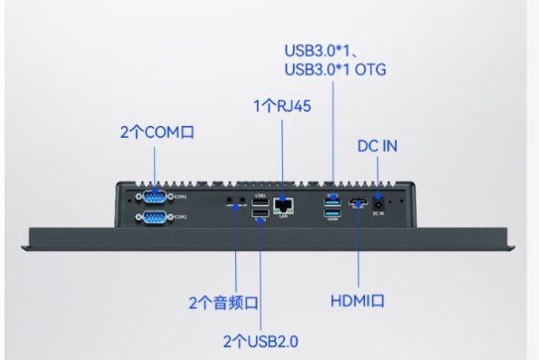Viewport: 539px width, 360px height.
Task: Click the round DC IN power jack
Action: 377,202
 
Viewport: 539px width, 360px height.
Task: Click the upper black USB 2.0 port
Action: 260,202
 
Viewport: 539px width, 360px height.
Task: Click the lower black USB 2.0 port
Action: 260,214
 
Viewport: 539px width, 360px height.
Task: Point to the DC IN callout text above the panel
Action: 377,146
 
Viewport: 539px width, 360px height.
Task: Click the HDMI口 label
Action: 359,301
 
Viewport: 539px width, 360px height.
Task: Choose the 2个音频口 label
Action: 223,302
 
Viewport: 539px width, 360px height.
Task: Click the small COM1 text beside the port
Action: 181,196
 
